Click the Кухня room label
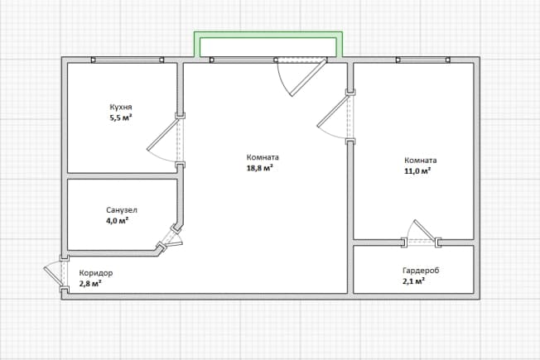point(121,107)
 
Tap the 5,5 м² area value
point(121,118)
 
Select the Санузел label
point(121,210)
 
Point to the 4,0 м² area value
point(117,221)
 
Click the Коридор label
point(96,273)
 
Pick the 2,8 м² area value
point(90,284)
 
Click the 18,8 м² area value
point(260,168)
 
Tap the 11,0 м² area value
point(417,170)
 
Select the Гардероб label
point(421,271)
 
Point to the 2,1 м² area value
point(413,281)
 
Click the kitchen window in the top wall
point(128,60)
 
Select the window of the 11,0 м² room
point(423,60)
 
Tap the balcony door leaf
point(308,78)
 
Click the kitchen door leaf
point(162,135)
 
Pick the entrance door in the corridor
point(53,276)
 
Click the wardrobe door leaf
point(424,230)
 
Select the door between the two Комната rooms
point(334,111)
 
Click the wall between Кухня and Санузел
point(122,176)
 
